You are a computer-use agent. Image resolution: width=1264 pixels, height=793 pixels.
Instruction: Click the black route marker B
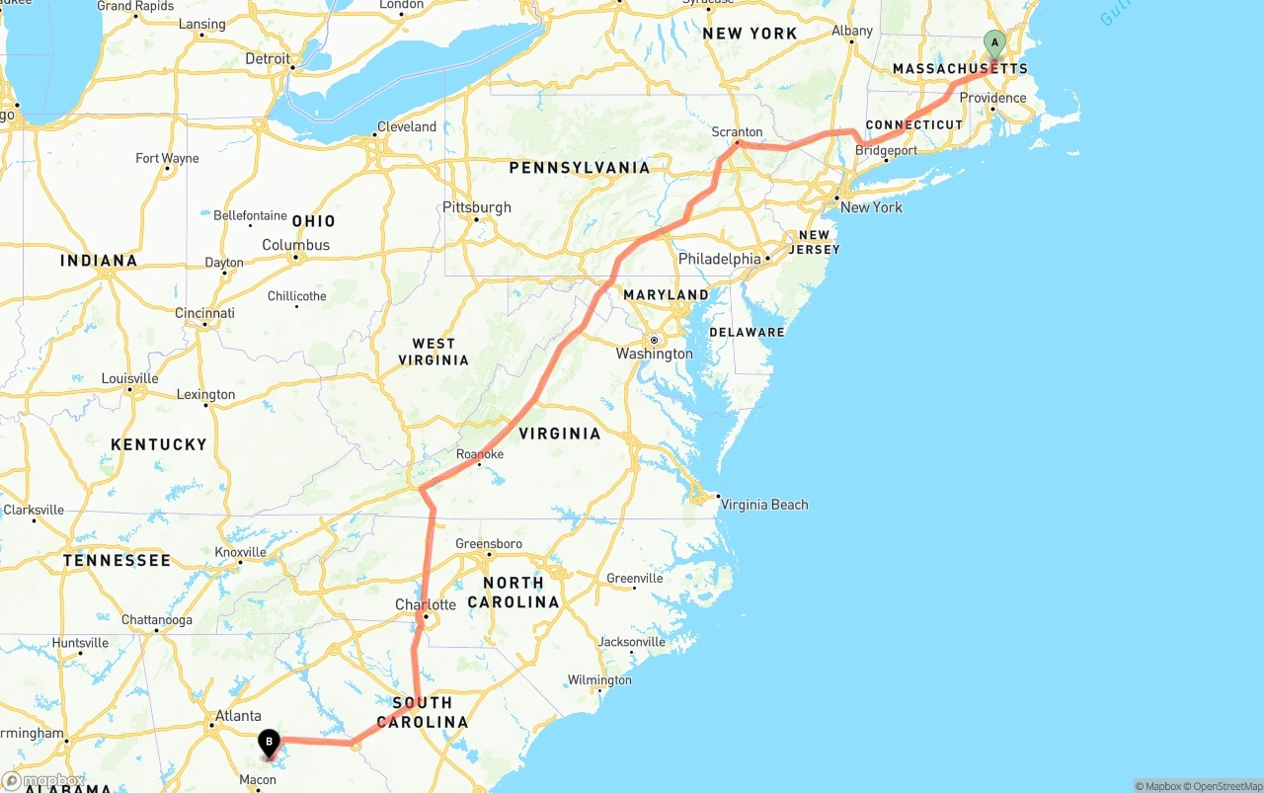(x=269, y=742)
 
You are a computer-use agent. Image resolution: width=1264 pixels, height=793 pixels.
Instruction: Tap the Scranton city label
(x=737, y=132)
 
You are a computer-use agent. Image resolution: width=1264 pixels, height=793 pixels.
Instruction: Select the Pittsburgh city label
(x=477, y=207)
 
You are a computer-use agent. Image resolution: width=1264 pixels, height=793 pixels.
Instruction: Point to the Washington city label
(x=654, y=354)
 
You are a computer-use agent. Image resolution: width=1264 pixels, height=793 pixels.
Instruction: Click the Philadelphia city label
(x=719, y=259)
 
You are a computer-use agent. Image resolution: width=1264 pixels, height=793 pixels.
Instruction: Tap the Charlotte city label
(x=426, y=604)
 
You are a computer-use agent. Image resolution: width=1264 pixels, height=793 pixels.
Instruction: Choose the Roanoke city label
(x=480, y=454)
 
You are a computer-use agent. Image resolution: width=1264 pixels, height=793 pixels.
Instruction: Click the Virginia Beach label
(x=763, y=505)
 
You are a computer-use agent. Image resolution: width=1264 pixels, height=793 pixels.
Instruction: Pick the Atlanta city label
(x=239, y=716)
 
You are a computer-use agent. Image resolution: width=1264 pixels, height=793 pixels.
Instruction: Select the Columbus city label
(x=296, y=245)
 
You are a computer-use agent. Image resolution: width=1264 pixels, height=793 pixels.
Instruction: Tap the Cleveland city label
(x=406, y=126)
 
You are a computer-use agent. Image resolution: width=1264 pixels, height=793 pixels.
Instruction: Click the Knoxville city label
(x=240, y=552)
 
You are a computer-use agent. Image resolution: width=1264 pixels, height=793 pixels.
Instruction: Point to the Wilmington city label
(x=599, y=679)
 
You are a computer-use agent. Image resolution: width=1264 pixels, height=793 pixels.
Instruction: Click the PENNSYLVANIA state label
(x=580, y=168)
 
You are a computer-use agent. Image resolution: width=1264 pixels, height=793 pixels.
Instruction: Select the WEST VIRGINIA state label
(x=434, y=352)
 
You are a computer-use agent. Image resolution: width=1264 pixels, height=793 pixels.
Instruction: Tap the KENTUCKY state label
(x=159, y=444)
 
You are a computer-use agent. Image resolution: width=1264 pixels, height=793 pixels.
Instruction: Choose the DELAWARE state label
(x=747, y=332)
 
